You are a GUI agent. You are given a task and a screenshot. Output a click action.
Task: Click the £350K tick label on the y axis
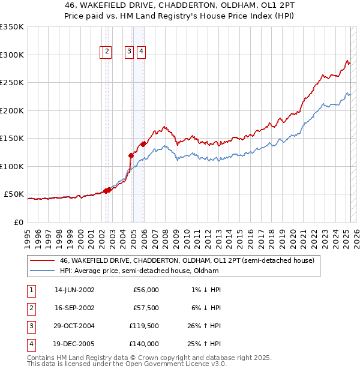point(12,27)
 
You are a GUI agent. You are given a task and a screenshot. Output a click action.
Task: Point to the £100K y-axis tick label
point(12,166)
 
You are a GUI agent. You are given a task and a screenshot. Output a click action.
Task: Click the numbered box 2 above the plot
point(106,52)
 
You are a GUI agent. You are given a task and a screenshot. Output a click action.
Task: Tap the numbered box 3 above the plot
point(129,52)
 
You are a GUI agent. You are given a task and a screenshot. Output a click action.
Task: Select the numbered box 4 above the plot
point(141,52)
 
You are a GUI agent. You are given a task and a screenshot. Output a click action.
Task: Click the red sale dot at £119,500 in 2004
point(131,155)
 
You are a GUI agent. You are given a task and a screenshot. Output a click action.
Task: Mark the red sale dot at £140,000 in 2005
point(143,144)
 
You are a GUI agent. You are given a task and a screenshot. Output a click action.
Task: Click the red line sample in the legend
point(42,261)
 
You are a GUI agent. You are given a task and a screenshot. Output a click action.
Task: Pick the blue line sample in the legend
point(42,271)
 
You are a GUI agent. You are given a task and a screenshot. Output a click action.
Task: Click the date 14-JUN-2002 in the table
point(74,290)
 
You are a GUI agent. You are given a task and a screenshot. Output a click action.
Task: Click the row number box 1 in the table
point(31,290)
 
